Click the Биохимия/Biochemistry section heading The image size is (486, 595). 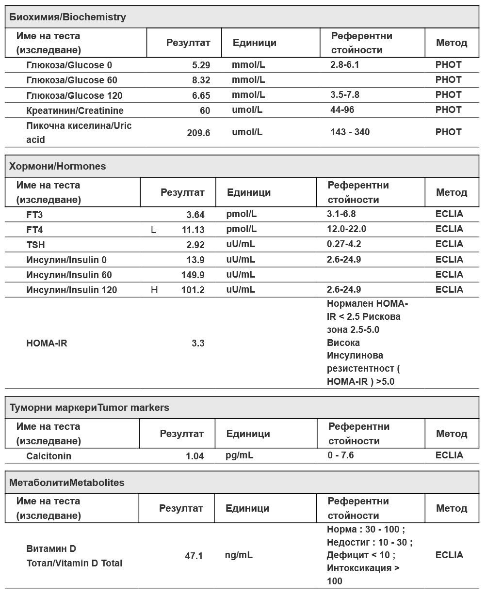68,17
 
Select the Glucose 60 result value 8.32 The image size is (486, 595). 201,80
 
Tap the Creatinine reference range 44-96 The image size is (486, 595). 342,110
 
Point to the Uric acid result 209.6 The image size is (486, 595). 198,132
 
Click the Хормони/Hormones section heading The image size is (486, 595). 57,166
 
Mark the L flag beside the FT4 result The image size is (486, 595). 154,230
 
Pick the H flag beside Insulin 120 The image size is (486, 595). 155,290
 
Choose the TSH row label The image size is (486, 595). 36,245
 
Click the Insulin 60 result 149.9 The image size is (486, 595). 193,275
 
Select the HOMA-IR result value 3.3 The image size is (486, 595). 198,344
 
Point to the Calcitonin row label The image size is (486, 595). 49,456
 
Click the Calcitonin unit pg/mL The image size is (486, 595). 240,455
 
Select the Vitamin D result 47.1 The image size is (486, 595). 194,556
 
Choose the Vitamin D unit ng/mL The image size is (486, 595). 239,555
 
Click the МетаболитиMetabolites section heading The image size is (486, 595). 67,483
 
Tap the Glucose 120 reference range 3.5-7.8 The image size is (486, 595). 345,95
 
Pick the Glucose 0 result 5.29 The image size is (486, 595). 201,65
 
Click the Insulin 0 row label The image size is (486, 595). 66,260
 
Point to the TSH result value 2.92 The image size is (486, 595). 195,245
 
